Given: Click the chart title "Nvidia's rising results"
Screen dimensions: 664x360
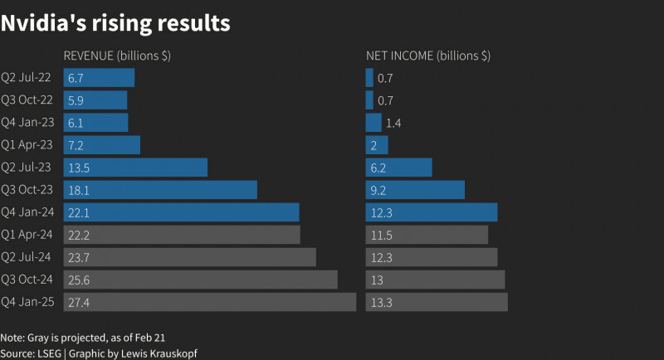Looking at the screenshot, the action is tap(115, 23).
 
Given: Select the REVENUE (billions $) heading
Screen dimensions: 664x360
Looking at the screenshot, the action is tap(117, 56).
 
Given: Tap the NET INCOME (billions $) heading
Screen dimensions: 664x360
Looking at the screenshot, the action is tap(428, 56).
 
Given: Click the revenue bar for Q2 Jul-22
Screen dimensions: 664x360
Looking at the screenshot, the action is tap(99, 78).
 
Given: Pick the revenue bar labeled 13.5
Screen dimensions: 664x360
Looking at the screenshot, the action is tap(135, 168).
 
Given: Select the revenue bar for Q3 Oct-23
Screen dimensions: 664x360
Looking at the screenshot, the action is tap(160, 190).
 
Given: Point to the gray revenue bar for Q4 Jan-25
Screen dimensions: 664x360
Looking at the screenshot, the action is tap(210, 302).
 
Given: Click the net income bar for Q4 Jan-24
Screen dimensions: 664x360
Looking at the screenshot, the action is tap(432, 212).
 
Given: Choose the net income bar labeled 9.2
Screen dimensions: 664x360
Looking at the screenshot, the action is tap(415, 190).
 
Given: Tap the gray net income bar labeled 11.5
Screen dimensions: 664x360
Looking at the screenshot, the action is tap(427, 235).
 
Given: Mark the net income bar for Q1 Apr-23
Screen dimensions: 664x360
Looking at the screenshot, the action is tap(377, 145).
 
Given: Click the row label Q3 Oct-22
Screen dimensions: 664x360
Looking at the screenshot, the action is tap(27, 100).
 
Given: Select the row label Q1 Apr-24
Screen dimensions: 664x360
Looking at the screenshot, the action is tap(27, 235).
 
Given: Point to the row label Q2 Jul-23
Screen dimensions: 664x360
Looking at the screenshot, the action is tap(26, 167).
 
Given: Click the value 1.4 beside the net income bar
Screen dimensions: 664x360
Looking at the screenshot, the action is tap(393, 123).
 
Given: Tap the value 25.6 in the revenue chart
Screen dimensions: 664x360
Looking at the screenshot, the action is tap(79, 280).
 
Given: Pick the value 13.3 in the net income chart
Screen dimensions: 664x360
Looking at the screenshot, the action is tap(382, 303).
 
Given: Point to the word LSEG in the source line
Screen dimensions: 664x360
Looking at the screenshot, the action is tap(49, 353).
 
